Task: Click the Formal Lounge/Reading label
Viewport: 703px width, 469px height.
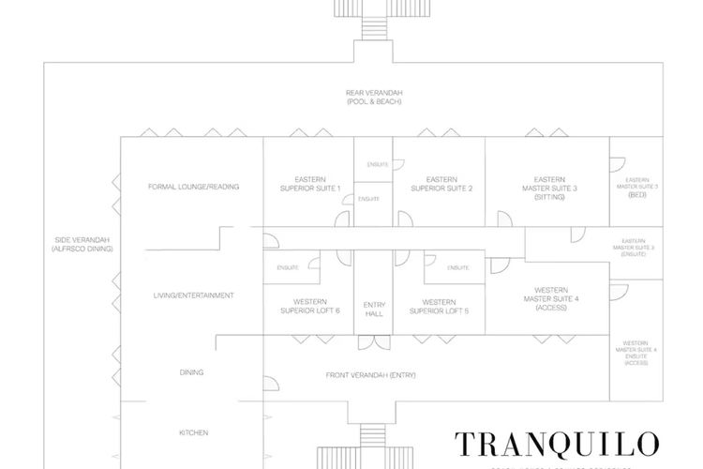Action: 193,187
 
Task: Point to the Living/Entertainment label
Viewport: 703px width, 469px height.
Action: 193,295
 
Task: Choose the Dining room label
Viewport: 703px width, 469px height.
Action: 191,372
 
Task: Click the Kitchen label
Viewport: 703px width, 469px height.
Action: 193,432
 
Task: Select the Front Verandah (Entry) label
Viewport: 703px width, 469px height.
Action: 370,375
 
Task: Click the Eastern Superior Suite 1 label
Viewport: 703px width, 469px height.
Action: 309,183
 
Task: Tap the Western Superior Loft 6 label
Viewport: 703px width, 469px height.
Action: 310,306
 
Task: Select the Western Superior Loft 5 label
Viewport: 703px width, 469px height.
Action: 439,306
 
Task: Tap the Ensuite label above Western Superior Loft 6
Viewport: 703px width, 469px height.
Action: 287,268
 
